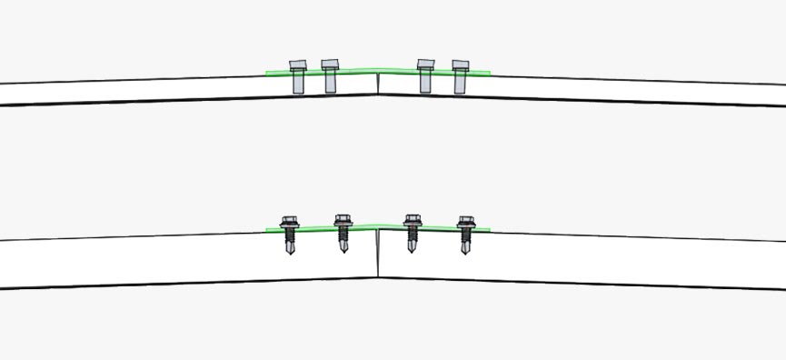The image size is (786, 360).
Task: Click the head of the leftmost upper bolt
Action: [298, 65]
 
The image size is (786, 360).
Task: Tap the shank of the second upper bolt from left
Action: [330, 83]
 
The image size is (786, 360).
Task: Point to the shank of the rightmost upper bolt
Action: [460, 82]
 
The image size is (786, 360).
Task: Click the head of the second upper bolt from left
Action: [330, 65]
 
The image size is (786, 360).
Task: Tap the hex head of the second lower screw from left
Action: [343, 220]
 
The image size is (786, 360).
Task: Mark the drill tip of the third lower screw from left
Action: [412, 249]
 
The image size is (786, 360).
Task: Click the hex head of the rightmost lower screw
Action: [466, 221]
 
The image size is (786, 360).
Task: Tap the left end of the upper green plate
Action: [268, 72]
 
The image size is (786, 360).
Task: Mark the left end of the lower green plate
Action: [268, 229]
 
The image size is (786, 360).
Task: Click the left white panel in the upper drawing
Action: [136, 91]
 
